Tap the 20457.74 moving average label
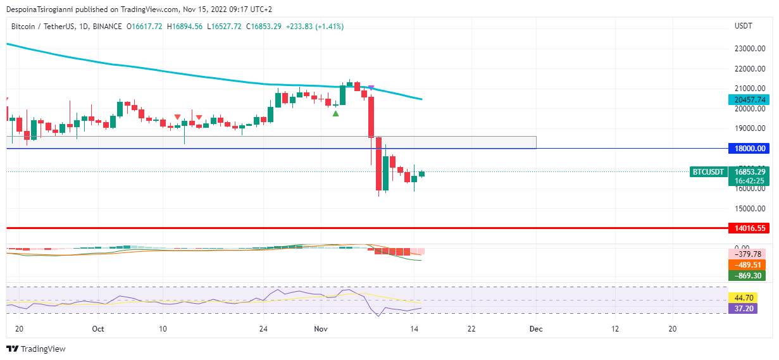pyautogui.click(x=747, y=99)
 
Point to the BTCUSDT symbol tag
pyautogui.click(x=707, y=171)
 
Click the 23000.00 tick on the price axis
pyautogui.click(x=751, y=49)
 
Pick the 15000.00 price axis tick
pyautogui.click(x=751, y=208)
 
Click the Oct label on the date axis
pyautogui.click(x=97, y=329)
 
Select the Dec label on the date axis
pyautogui.click(x=536, y=329)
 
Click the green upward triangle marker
pyautogui.click(x=335, y=113)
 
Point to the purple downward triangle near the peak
pyautogui.click(x=371, y=87)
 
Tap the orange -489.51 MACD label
pyautogui.click(x=747, y=265)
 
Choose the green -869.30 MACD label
pyautogui.click(x=747, y=276)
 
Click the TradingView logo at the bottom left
pyautogui.click(x=36, y=349)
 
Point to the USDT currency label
pyautogui.click(x=744, y=27)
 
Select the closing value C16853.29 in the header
pyautogui.click(x=264, y=27)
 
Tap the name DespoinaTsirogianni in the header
pyautogui.click(x=46, y=9)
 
